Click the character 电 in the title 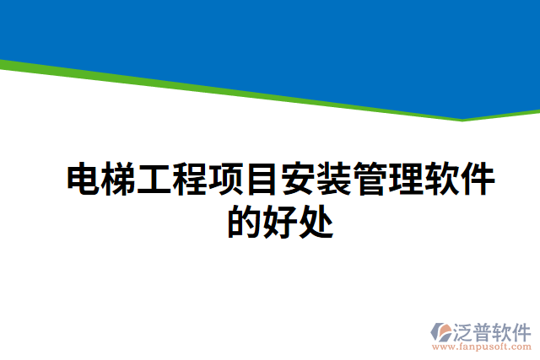tap(84, 180)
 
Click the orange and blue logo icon tap(442, 332)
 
